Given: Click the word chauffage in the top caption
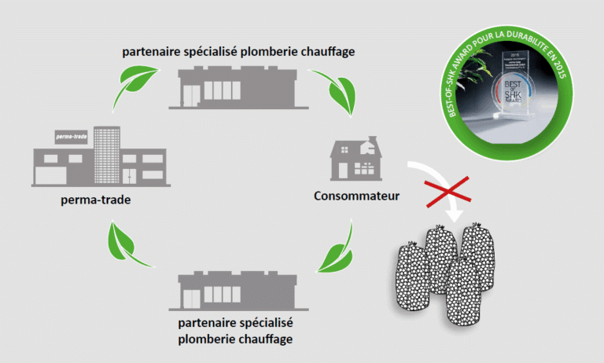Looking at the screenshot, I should pos(323,52).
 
